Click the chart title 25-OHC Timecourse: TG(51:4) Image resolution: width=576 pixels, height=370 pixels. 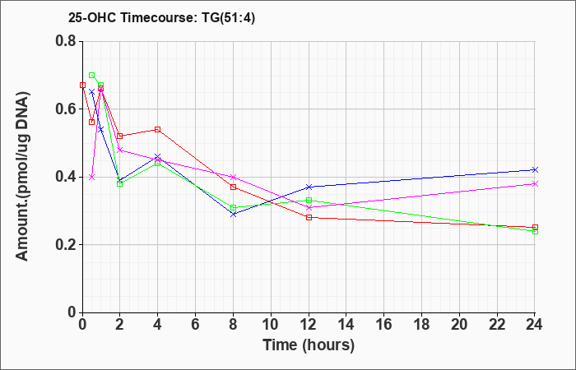[161, 18]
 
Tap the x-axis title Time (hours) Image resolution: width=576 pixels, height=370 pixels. [309, 345]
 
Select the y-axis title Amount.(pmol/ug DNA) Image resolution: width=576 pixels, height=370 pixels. [22, 176]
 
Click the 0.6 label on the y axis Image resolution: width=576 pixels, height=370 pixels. [66, 109]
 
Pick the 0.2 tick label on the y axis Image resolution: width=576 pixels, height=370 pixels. [66, 245]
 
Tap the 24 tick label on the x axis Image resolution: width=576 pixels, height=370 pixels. [535, 325]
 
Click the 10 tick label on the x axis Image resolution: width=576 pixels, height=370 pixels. [271, 325]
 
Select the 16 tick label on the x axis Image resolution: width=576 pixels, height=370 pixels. [384, 325]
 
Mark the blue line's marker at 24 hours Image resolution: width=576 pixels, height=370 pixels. [535, 169]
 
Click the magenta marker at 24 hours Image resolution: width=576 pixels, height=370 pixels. [535, 183]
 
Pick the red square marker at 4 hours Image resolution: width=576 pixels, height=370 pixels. [158, 129]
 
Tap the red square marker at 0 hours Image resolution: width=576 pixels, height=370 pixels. [82, 86]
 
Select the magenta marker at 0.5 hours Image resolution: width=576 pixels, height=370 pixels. [92, 177]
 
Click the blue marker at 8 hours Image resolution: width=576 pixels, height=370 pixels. [233, 214]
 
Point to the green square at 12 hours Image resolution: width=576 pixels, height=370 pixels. [309, 200]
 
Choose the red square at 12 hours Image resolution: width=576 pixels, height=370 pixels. [309, 217]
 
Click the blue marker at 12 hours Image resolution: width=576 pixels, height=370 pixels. [309, 187]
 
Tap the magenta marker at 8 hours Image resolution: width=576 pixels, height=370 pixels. [233, 177]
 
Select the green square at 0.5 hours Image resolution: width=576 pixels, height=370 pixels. [92, 76]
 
